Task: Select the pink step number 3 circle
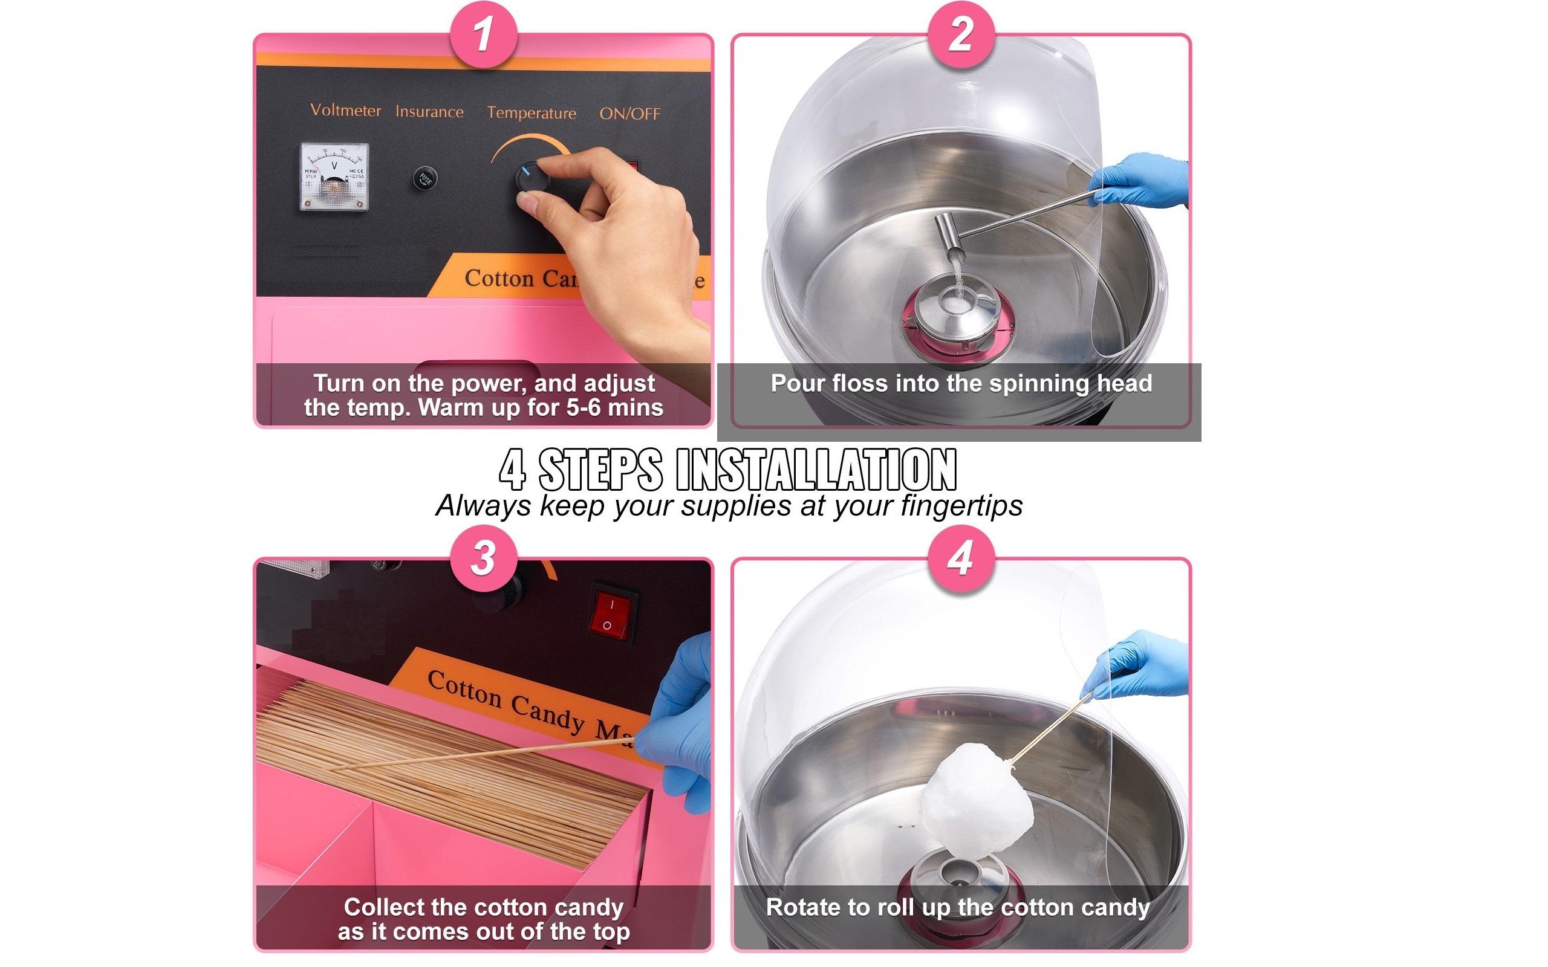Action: tap(483, 557)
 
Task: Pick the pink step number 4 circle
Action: tap(961, 557)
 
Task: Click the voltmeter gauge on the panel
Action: tap(334, 176)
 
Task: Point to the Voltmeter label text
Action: tap(345, 111)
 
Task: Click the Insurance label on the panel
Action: tap(429, 112)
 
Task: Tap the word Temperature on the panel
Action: tap(531, 113)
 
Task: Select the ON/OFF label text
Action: tap(629, 114)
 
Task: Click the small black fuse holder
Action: tap(424, 178)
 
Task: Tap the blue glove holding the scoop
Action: tap(1142, 181)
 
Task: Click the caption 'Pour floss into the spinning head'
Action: tap(961, 384)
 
